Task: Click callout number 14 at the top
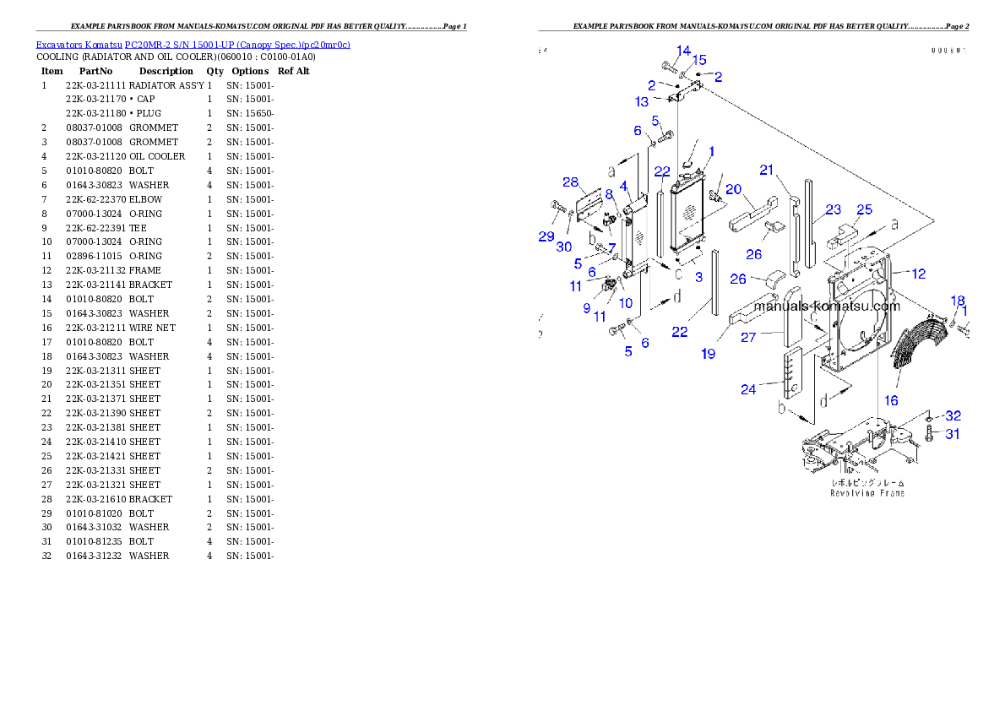[683, 51]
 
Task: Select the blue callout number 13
[642, 101]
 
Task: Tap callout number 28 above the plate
[571, 183]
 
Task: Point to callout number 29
[546, 236]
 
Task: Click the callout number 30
[563, 247]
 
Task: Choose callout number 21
[767, 170]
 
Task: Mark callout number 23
[834, 209]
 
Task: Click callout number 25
[864, 209]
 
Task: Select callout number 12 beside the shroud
[919, 273]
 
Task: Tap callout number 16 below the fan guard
[891, 401]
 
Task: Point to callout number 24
[748, 389]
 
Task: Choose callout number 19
[708, 354]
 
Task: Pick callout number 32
[953, 415]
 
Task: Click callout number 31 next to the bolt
[953, 434]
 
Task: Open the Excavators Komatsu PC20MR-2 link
[193, 45]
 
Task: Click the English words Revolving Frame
[867, 492]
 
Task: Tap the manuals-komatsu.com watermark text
[827, 307]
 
